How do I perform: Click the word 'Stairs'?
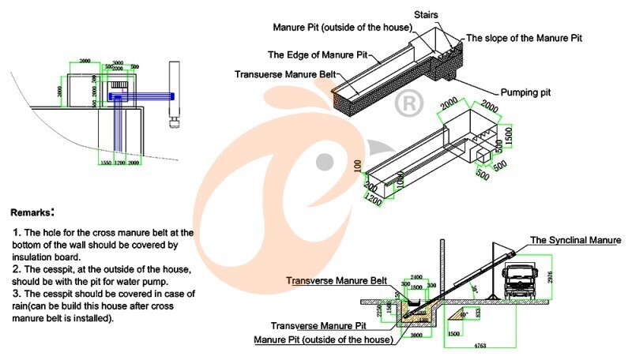(x=426, y=13)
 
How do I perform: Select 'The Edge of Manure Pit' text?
(x=318, y=55)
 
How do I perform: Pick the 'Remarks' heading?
(x=32, y=212)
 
